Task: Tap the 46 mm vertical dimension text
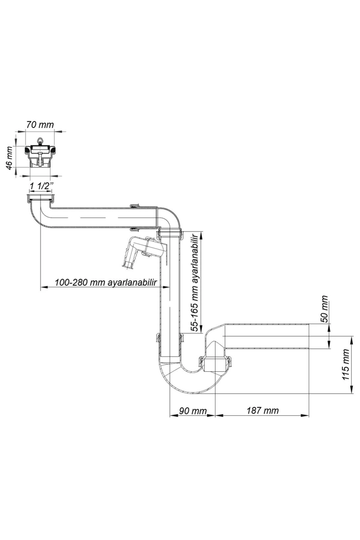pos(10,158)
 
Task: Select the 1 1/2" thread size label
pos(41,186)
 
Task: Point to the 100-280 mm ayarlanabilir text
pos(106,282)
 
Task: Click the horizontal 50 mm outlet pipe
pos(267,336)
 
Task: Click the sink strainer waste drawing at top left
pos(40,156)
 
